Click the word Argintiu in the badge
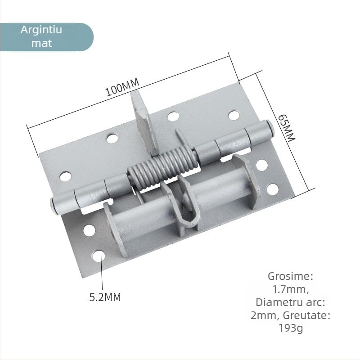[x=41, y=31]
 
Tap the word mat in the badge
[x=41, y=43]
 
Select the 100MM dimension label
[x=122, y=87]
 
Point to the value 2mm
[x=263, y=315]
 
